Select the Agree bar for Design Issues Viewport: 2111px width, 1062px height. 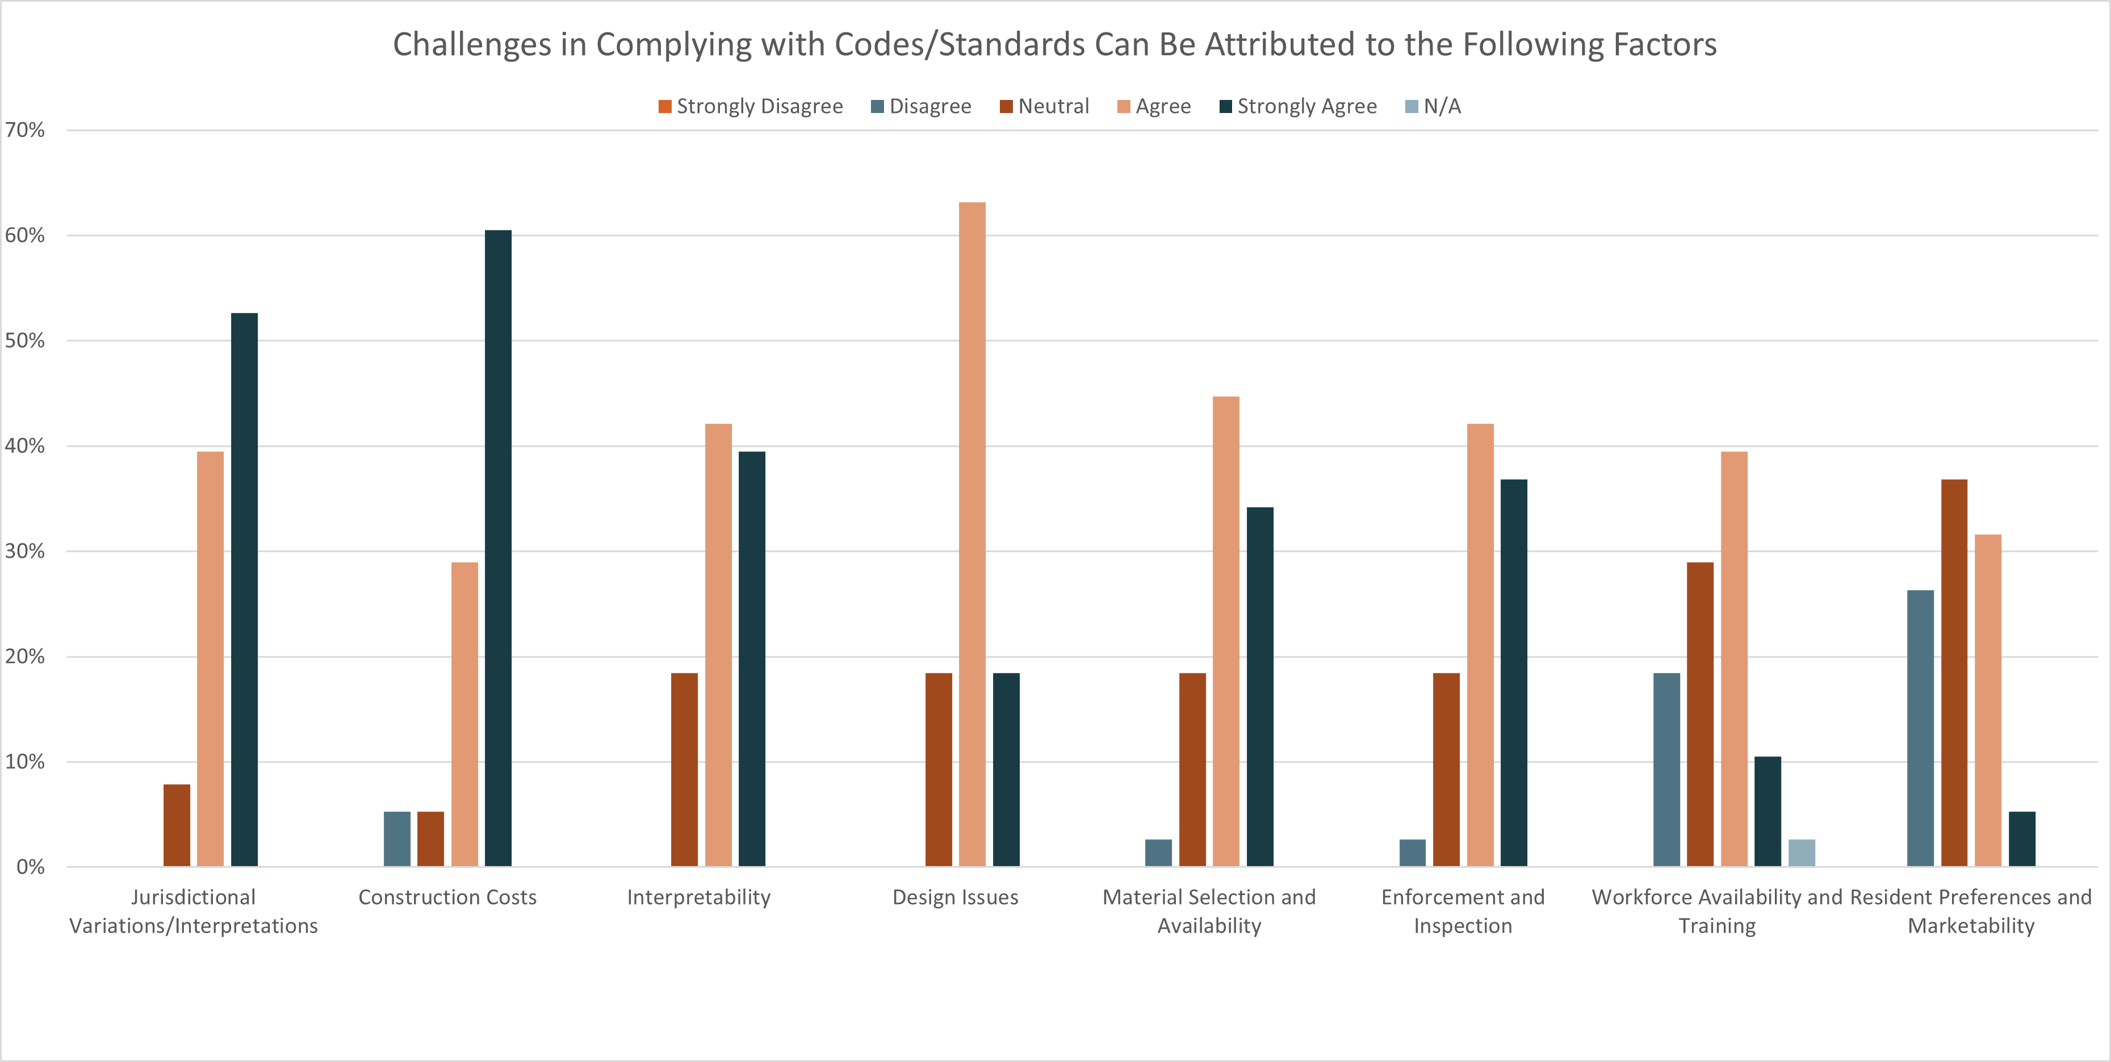pos(972,533)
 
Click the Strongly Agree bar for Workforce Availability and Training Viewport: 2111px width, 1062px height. pos(1767,811)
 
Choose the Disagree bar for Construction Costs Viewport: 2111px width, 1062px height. pos(397,839)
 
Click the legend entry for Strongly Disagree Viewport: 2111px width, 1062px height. pos(750,107)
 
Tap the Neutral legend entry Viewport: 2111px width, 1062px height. pos(1045,107)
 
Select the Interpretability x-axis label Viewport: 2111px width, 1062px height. pos(698,897)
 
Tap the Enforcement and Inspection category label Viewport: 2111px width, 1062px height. pos(1463,912)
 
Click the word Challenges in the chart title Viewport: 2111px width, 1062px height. pos(471,44)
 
